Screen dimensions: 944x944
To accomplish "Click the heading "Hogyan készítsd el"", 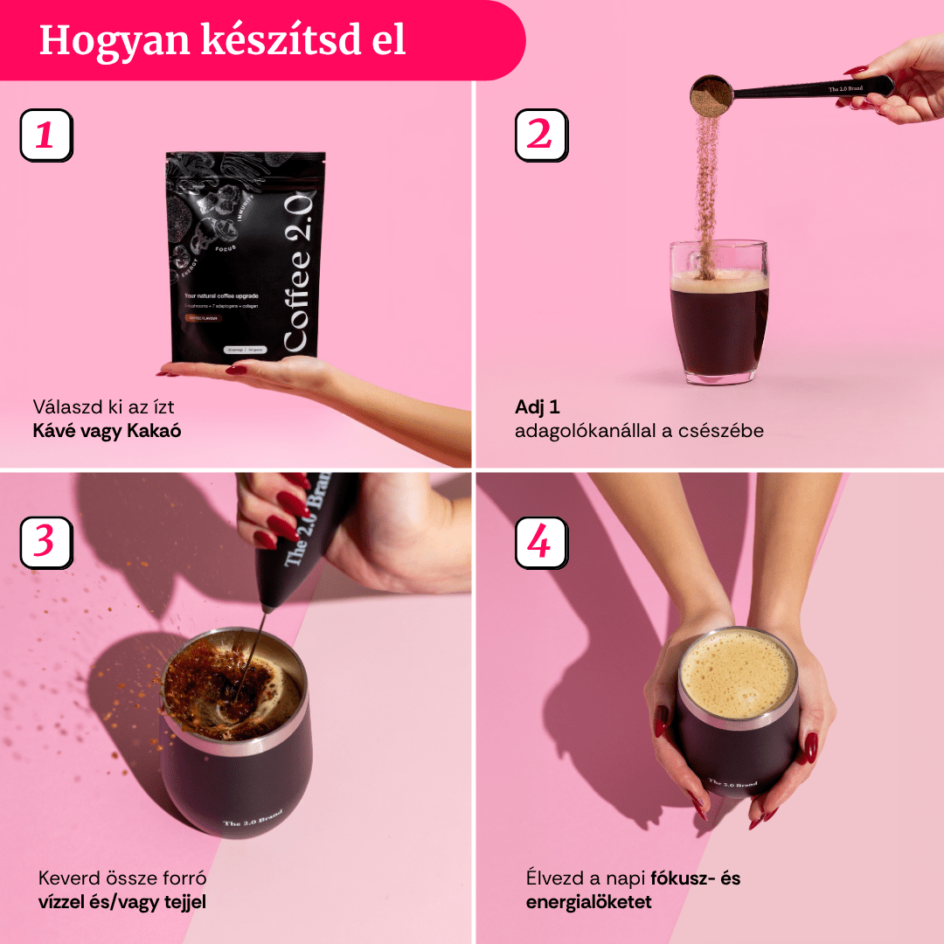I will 223,40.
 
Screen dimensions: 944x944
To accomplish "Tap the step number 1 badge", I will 45,135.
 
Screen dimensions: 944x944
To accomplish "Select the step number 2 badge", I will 541,135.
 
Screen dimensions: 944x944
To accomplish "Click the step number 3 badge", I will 45,542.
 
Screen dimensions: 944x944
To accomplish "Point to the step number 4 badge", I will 541,542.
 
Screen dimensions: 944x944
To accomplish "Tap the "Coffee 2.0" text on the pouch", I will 298,271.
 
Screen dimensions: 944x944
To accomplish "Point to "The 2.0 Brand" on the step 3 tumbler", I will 253,819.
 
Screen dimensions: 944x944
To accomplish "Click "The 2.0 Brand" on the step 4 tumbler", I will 732,784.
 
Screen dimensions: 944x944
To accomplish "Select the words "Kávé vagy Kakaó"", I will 107,431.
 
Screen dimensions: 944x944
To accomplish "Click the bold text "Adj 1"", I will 537,407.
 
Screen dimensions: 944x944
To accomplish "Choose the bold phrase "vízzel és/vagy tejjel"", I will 122,902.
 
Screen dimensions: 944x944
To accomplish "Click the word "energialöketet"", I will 588,902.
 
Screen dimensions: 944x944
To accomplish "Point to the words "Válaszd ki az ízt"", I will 110,407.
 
